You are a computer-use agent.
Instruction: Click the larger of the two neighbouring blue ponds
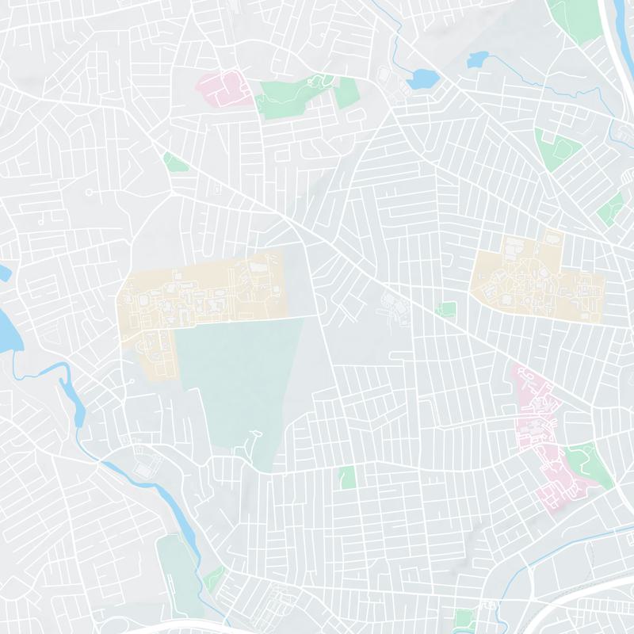(x=421, y=78)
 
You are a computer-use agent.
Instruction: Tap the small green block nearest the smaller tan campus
(x=447, y=308)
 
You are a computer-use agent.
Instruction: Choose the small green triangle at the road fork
(x=174, y=162)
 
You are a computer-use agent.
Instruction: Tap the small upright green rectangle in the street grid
(x=346, y=477)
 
